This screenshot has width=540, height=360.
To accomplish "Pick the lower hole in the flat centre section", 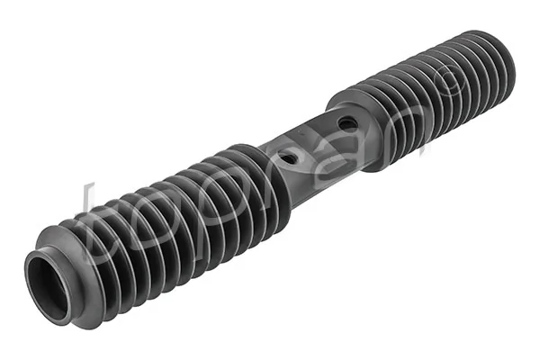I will click(289, 157).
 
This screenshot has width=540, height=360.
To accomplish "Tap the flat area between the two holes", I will click(317, 139).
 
